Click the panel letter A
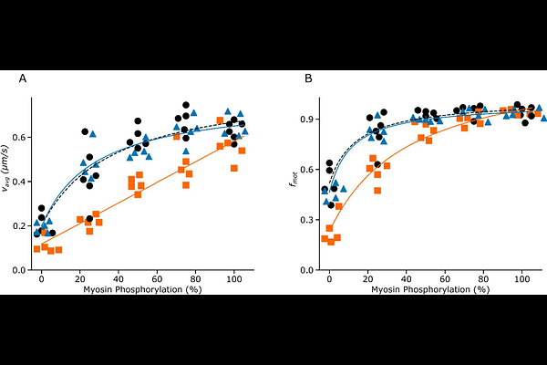(22, 79)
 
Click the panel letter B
(308, 79)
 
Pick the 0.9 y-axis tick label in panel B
(309, 119)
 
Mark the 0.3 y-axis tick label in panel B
(309, 220)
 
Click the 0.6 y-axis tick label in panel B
(309, 170)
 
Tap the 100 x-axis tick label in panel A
(234, 279)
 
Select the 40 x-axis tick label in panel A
(119, 279)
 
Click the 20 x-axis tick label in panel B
(367, 279)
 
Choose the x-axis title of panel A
(138, 290)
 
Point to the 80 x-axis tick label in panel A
(196, 279)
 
